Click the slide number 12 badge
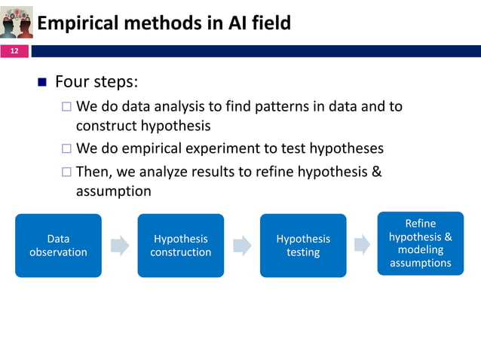14,51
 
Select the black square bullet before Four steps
42,81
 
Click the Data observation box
58,246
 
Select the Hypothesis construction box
180,246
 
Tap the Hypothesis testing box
303,246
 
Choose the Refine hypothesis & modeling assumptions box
420,243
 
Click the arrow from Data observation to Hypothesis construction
119,246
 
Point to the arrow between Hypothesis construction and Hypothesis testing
242,246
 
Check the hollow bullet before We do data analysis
66,106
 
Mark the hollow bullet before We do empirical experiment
66,148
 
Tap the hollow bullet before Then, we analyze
66,172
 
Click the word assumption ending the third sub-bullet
113,191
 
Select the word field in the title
269,23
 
